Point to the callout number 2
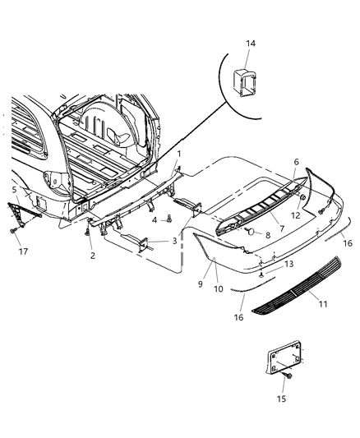click(92, 256)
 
